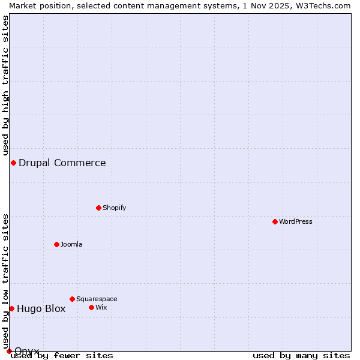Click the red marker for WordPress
coord(275,221)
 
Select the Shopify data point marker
coord(98,208)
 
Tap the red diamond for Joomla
coord(56,244)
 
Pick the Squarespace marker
coord(72,299)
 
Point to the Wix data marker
coord(91,307)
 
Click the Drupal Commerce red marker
coord(13,163)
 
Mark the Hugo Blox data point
coord(11,308)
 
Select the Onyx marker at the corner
coord(9,351)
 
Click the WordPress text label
coord(296,221)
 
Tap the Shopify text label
coord(114,208)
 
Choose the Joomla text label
coord(71,244)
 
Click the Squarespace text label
coord(97,299)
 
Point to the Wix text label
coord(101,307)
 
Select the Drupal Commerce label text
coord(62,163)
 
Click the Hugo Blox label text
coord(41,309)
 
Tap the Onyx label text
coord(27,351)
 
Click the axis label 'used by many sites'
coord(301,356)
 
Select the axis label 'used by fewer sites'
coord(62,356)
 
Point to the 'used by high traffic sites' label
coord(5,84)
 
